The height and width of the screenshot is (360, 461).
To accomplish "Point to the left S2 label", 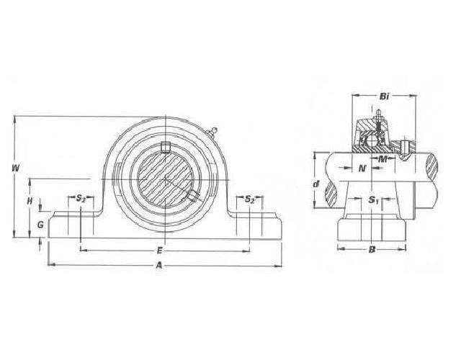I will pos(81,199).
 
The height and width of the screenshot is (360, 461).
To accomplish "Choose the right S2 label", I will pos(249,199).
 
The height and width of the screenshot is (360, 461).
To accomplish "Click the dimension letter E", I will pos(158,251).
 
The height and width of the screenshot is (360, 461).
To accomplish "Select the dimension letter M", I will pos(384,158).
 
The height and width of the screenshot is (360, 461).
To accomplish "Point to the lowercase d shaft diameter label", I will pos(316,185).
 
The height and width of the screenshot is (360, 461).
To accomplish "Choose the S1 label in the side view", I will pos(372,199).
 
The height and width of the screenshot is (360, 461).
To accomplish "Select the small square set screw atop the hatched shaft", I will pos(166,148).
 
